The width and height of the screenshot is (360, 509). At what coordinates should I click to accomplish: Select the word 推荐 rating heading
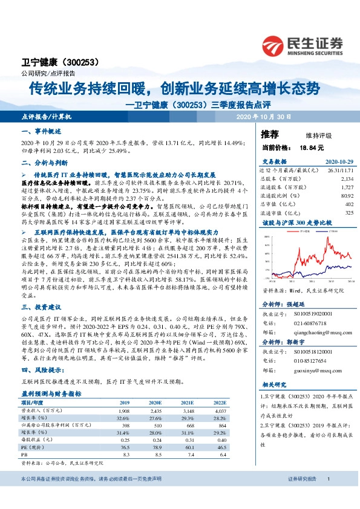(x=270, y=134)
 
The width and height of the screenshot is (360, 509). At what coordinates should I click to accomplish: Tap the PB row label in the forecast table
(x=25, y=453)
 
